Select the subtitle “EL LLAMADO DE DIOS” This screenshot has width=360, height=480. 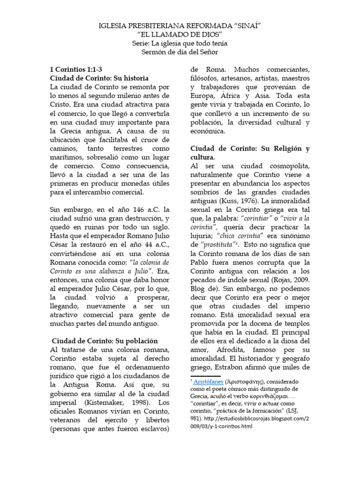click(x=180, y=34)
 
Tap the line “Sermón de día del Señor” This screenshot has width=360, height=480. click(x=180, y=52)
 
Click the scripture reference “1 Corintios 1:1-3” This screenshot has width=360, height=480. click(x=75, y=69)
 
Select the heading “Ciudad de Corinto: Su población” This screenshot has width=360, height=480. click(x=105, y=341)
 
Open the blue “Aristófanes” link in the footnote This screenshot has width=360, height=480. click(x=209, y=381)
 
